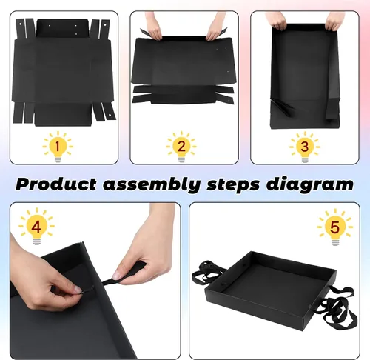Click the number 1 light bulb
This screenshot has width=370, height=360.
[x=58, y=147]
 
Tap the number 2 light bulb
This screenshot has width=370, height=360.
[x=181, y=147]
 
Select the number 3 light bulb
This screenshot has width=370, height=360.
[x=305, y=147]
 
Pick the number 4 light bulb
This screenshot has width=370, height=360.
[x=36, y=226]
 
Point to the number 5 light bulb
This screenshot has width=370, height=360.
[x=334, y=227]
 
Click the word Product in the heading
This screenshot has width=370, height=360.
[x=56, y=184]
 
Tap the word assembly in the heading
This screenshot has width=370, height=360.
[x=152, y=184]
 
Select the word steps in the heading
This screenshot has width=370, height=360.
[x=233, y=185]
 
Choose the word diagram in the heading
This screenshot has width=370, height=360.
[x=310, y=184]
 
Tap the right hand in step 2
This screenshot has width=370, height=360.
[x=215, y=27]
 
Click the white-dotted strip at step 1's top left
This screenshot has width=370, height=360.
[x=21, y=27]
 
